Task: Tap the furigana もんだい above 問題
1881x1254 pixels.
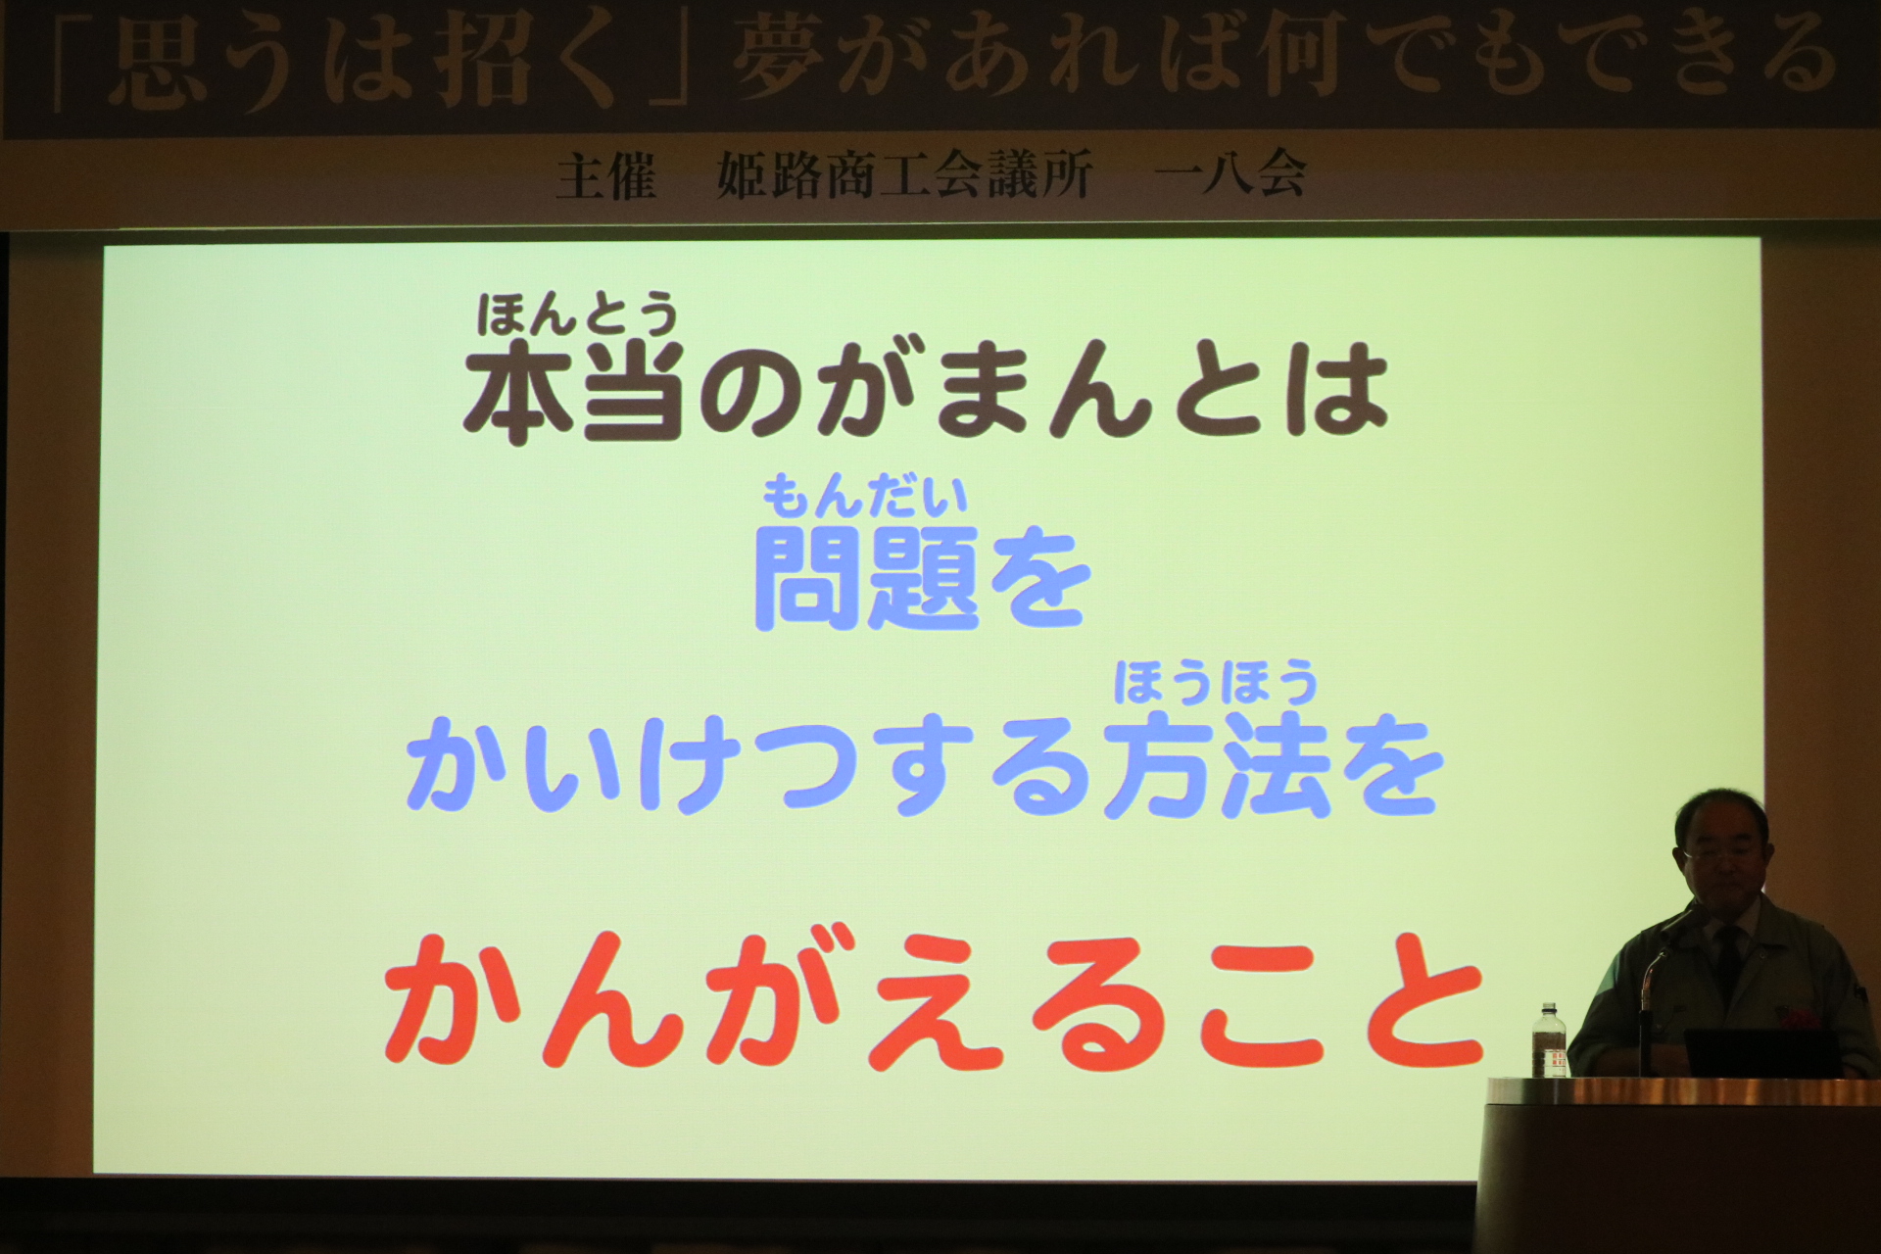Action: coord(865,495)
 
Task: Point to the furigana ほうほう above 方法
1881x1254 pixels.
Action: coord(1215,683)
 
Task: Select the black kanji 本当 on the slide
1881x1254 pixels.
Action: coord(575,391)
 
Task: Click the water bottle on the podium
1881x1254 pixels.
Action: coord(1549,1040)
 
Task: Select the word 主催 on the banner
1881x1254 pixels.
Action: coord(606,177)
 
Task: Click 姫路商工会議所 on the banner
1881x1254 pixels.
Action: coord(904,177)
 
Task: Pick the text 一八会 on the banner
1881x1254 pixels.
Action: coord(1230,177)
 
